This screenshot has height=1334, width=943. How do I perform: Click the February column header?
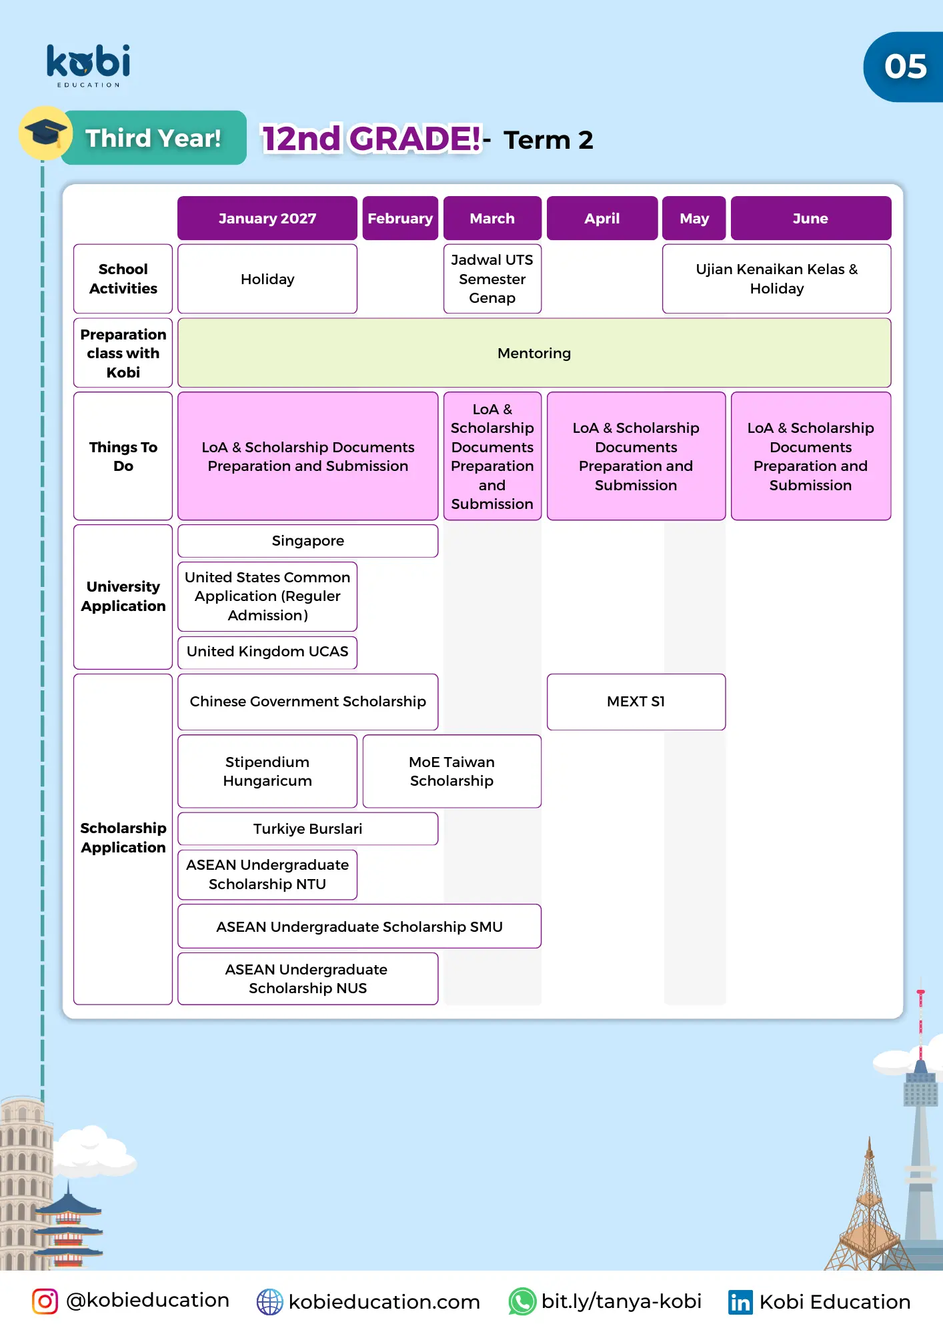[x=400, y=218]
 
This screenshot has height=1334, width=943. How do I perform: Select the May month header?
[x=694, y=218]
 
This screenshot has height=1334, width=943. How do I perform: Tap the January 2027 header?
[x=267, y=218]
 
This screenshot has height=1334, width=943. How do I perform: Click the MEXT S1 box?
[x=636, y=702]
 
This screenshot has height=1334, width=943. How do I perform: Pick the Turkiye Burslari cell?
[x=307, y=828]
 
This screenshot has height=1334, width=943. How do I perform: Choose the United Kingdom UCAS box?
[x=267, y=652]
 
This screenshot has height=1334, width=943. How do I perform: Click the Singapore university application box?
[x=307, y=541]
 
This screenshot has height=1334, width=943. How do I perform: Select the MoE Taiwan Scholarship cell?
[x=451, y=771]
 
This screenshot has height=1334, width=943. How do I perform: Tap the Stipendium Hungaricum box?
[x=267, y=771]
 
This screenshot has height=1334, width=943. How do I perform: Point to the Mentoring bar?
[x=534, y=353]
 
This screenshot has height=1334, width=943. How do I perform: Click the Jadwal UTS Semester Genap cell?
[x=492, y=279]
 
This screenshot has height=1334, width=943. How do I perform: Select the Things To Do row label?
[x=123, y=456]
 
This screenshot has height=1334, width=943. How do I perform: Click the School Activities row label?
[x=123, y=279]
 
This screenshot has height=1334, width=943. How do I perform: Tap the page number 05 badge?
[x=905, y=67]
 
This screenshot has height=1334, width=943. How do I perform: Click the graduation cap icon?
[x=45, y=132]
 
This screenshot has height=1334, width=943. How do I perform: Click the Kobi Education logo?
[x=88, y=65]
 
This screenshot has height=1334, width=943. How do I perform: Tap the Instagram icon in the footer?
[x=45, y=1301]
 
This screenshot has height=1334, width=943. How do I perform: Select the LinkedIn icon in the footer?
[x=740, y=1302]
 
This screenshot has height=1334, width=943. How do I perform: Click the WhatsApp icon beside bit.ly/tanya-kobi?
[x=522, y=1301]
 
